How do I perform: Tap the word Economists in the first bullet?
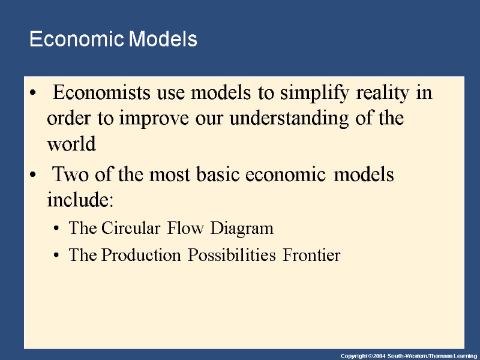[x=97, y=94]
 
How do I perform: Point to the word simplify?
[x=313, y=94]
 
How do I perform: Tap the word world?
[x=71, y=144]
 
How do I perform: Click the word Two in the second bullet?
[x=68, y=175]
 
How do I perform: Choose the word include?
[x=80, y=200]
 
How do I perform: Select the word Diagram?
[x=245, y=229]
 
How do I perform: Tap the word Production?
[x=142, y=256]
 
